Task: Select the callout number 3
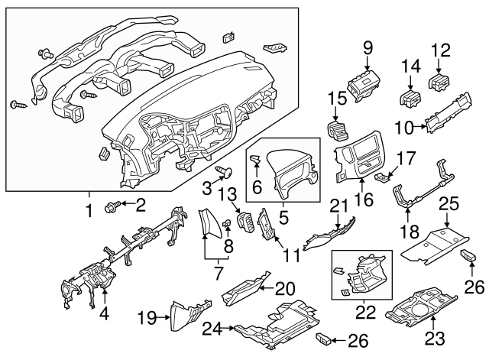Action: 206,187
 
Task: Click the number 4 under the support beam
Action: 104,313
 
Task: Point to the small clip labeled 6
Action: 257,160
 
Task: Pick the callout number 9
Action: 368,48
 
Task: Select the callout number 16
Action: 358,200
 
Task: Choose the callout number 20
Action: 284,287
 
